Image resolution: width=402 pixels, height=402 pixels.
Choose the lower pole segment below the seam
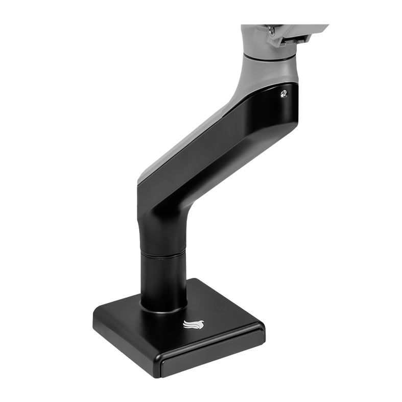(163, 281)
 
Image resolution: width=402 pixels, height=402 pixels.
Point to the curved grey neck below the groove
(266, 74)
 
